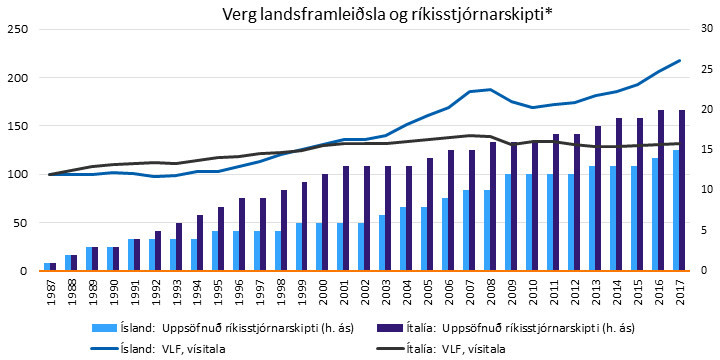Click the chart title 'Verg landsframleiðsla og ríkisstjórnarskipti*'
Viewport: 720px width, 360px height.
click(x=360, y=13)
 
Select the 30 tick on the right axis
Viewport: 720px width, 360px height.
click(x=705, y=29)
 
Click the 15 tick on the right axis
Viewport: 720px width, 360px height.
click(x=705, y=150)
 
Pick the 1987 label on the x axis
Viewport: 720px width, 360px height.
click(x=50, y=287)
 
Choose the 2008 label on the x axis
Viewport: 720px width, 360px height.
click(x=490, y=287)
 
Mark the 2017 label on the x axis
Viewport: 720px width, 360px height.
click(x=680, y=287)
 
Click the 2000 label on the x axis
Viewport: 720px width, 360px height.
click(x=323, y=287)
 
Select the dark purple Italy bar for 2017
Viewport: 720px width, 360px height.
click(x=683, y=190)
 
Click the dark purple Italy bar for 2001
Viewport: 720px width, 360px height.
click(x=347, y=218)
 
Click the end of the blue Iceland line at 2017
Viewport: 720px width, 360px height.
click(x=680, y=60)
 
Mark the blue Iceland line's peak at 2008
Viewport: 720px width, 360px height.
click(x=490, y=89)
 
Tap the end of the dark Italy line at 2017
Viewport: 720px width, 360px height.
click(x=680, y=143)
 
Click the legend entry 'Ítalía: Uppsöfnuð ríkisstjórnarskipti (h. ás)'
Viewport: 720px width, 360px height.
click(x=500, y=327)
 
